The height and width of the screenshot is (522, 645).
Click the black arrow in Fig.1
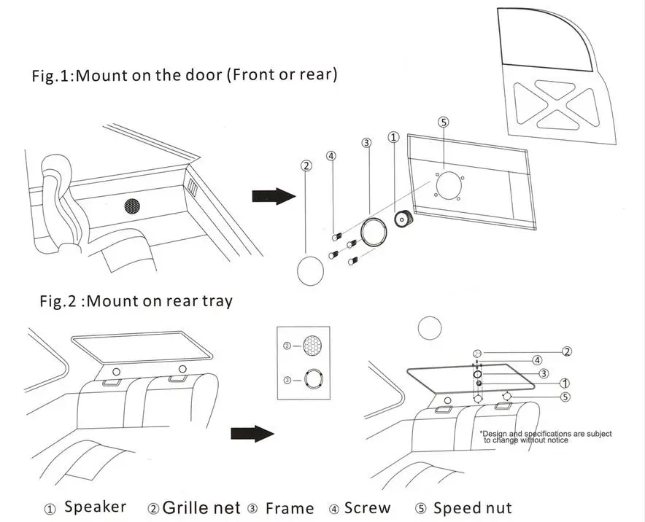coord(274,196)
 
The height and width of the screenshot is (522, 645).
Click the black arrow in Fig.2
coord(252,433)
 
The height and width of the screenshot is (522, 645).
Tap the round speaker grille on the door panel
coord(132,206)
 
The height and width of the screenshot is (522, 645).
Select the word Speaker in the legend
coord(96,507)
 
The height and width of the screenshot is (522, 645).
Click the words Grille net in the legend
coord(201,507)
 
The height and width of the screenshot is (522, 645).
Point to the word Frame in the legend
coord(290,508)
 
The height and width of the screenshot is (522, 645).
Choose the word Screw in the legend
coord(367,508)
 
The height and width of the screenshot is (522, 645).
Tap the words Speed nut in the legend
coord(473,508)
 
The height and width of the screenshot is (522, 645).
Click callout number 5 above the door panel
coord(444,122)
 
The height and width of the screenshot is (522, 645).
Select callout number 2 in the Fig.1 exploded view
coord(306,165)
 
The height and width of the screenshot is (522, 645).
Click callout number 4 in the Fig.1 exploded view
coord(331,156)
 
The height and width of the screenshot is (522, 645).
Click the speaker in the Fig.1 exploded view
coord(403,218)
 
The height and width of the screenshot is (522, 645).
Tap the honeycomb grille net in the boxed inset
coord(312,346)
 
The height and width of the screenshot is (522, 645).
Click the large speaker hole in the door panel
coord(449,186)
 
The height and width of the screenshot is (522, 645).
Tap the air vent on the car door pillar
coord(193,187)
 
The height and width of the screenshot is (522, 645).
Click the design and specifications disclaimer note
coord(546,437)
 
